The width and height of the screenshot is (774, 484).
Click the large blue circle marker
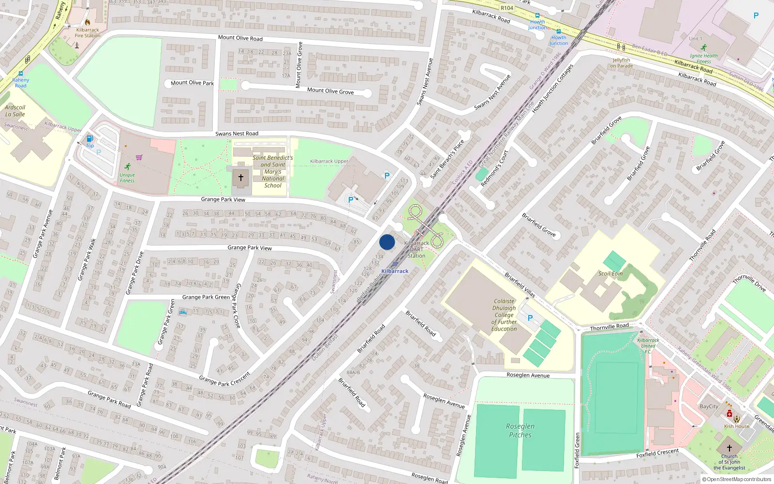pyautogui.click(x=387, y=242)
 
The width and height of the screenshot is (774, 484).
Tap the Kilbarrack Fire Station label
pyautogui.click(x=88, y=32)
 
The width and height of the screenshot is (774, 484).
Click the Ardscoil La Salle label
pyautogui.click(x=15, y=111)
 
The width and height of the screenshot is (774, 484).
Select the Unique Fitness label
pyautogui.click(x=127, y=178)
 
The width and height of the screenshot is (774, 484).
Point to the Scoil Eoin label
pyautogui.click(x=610, y=273)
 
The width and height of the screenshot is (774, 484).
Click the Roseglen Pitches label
pyautogui.click(x=521, y=430)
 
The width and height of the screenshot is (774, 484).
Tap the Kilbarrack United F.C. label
pyautogui.click(x=648, y=346)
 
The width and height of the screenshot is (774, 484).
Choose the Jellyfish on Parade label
pyautogui.click(x=622, y=63)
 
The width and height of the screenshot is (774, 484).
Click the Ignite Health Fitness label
pyautogui.click(x=704, y=59)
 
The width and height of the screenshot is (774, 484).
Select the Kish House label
pyautogui.click(x=737, y=426)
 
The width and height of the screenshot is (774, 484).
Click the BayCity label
pyautogui.click(x=709, y=407)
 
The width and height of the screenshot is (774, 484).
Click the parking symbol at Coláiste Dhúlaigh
pyautogui.click(x=530, y=318)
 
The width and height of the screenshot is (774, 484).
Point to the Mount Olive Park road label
pyautogui.click(x=192, y=83)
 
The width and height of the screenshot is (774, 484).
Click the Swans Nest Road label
pyautogui.click(x=237, y=134)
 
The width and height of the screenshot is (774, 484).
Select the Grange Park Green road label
pyautogui.click(x=206, y=297)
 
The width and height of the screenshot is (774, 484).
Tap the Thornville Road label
pyautogui.click(x=610, y=327)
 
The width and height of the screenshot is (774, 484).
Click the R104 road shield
pyautogui.click(x=507, y=8)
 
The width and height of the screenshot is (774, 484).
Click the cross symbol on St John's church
pyautogui.click(x=729, y=448)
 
